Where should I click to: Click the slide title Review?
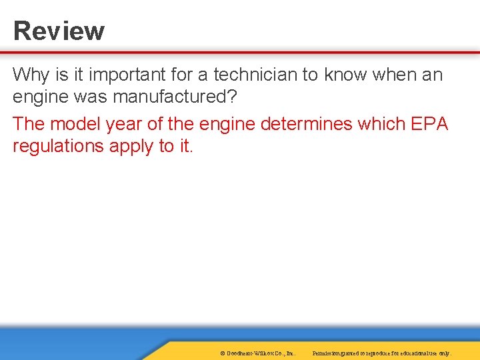point(59,31)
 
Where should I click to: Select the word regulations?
point(56,146)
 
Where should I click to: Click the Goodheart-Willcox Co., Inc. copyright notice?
point(257,353)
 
